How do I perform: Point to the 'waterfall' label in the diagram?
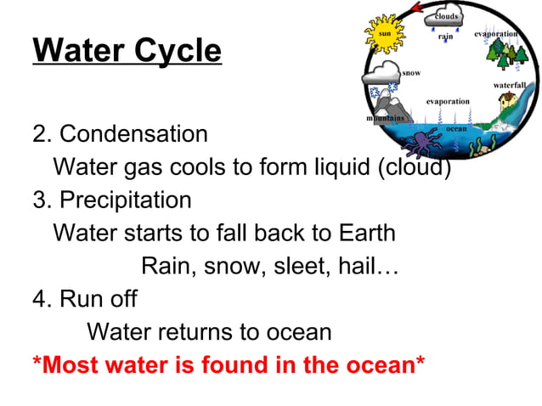point(510,86)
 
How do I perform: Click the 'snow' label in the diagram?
point(411,73)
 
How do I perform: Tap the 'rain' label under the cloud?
point(445,37)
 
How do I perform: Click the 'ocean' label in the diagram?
point(456,128)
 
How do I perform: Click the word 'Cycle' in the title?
point(176,51)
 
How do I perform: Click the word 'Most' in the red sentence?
point(69,365)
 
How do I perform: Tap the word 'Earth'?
point(363,233)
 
